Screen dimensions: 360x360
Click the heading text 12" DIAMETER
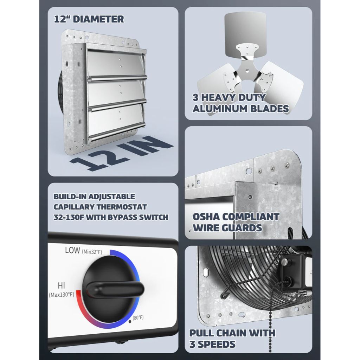tap(89, 19)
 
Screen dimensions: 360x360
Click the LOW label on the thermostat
tap(73, 250)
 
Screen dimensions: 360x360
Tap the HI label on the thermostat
tap(61, 285)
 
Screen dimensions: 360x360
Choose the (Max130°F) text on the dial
tap(62, 294)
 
